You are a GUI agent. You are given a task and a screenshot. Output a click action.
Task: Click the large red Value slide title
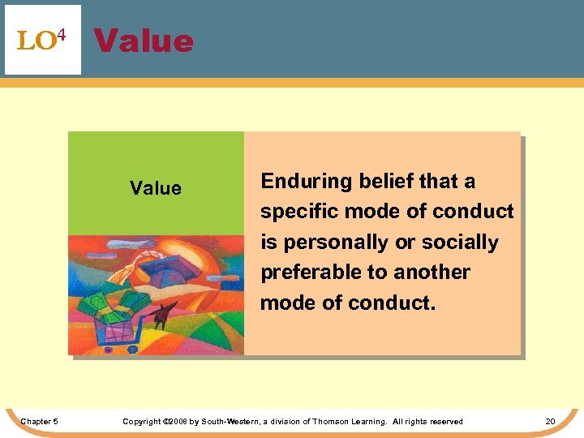144,41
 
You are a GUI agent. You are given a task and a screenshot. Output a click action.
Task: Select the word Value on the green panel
156,189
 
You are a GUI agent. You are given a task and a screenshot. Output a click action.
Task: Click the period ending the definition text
433,303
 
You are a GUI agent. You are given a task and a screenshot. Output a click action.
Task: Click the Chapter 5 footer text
39,421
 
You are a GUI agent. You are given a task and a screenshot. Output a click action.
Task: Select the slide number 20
550,421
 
